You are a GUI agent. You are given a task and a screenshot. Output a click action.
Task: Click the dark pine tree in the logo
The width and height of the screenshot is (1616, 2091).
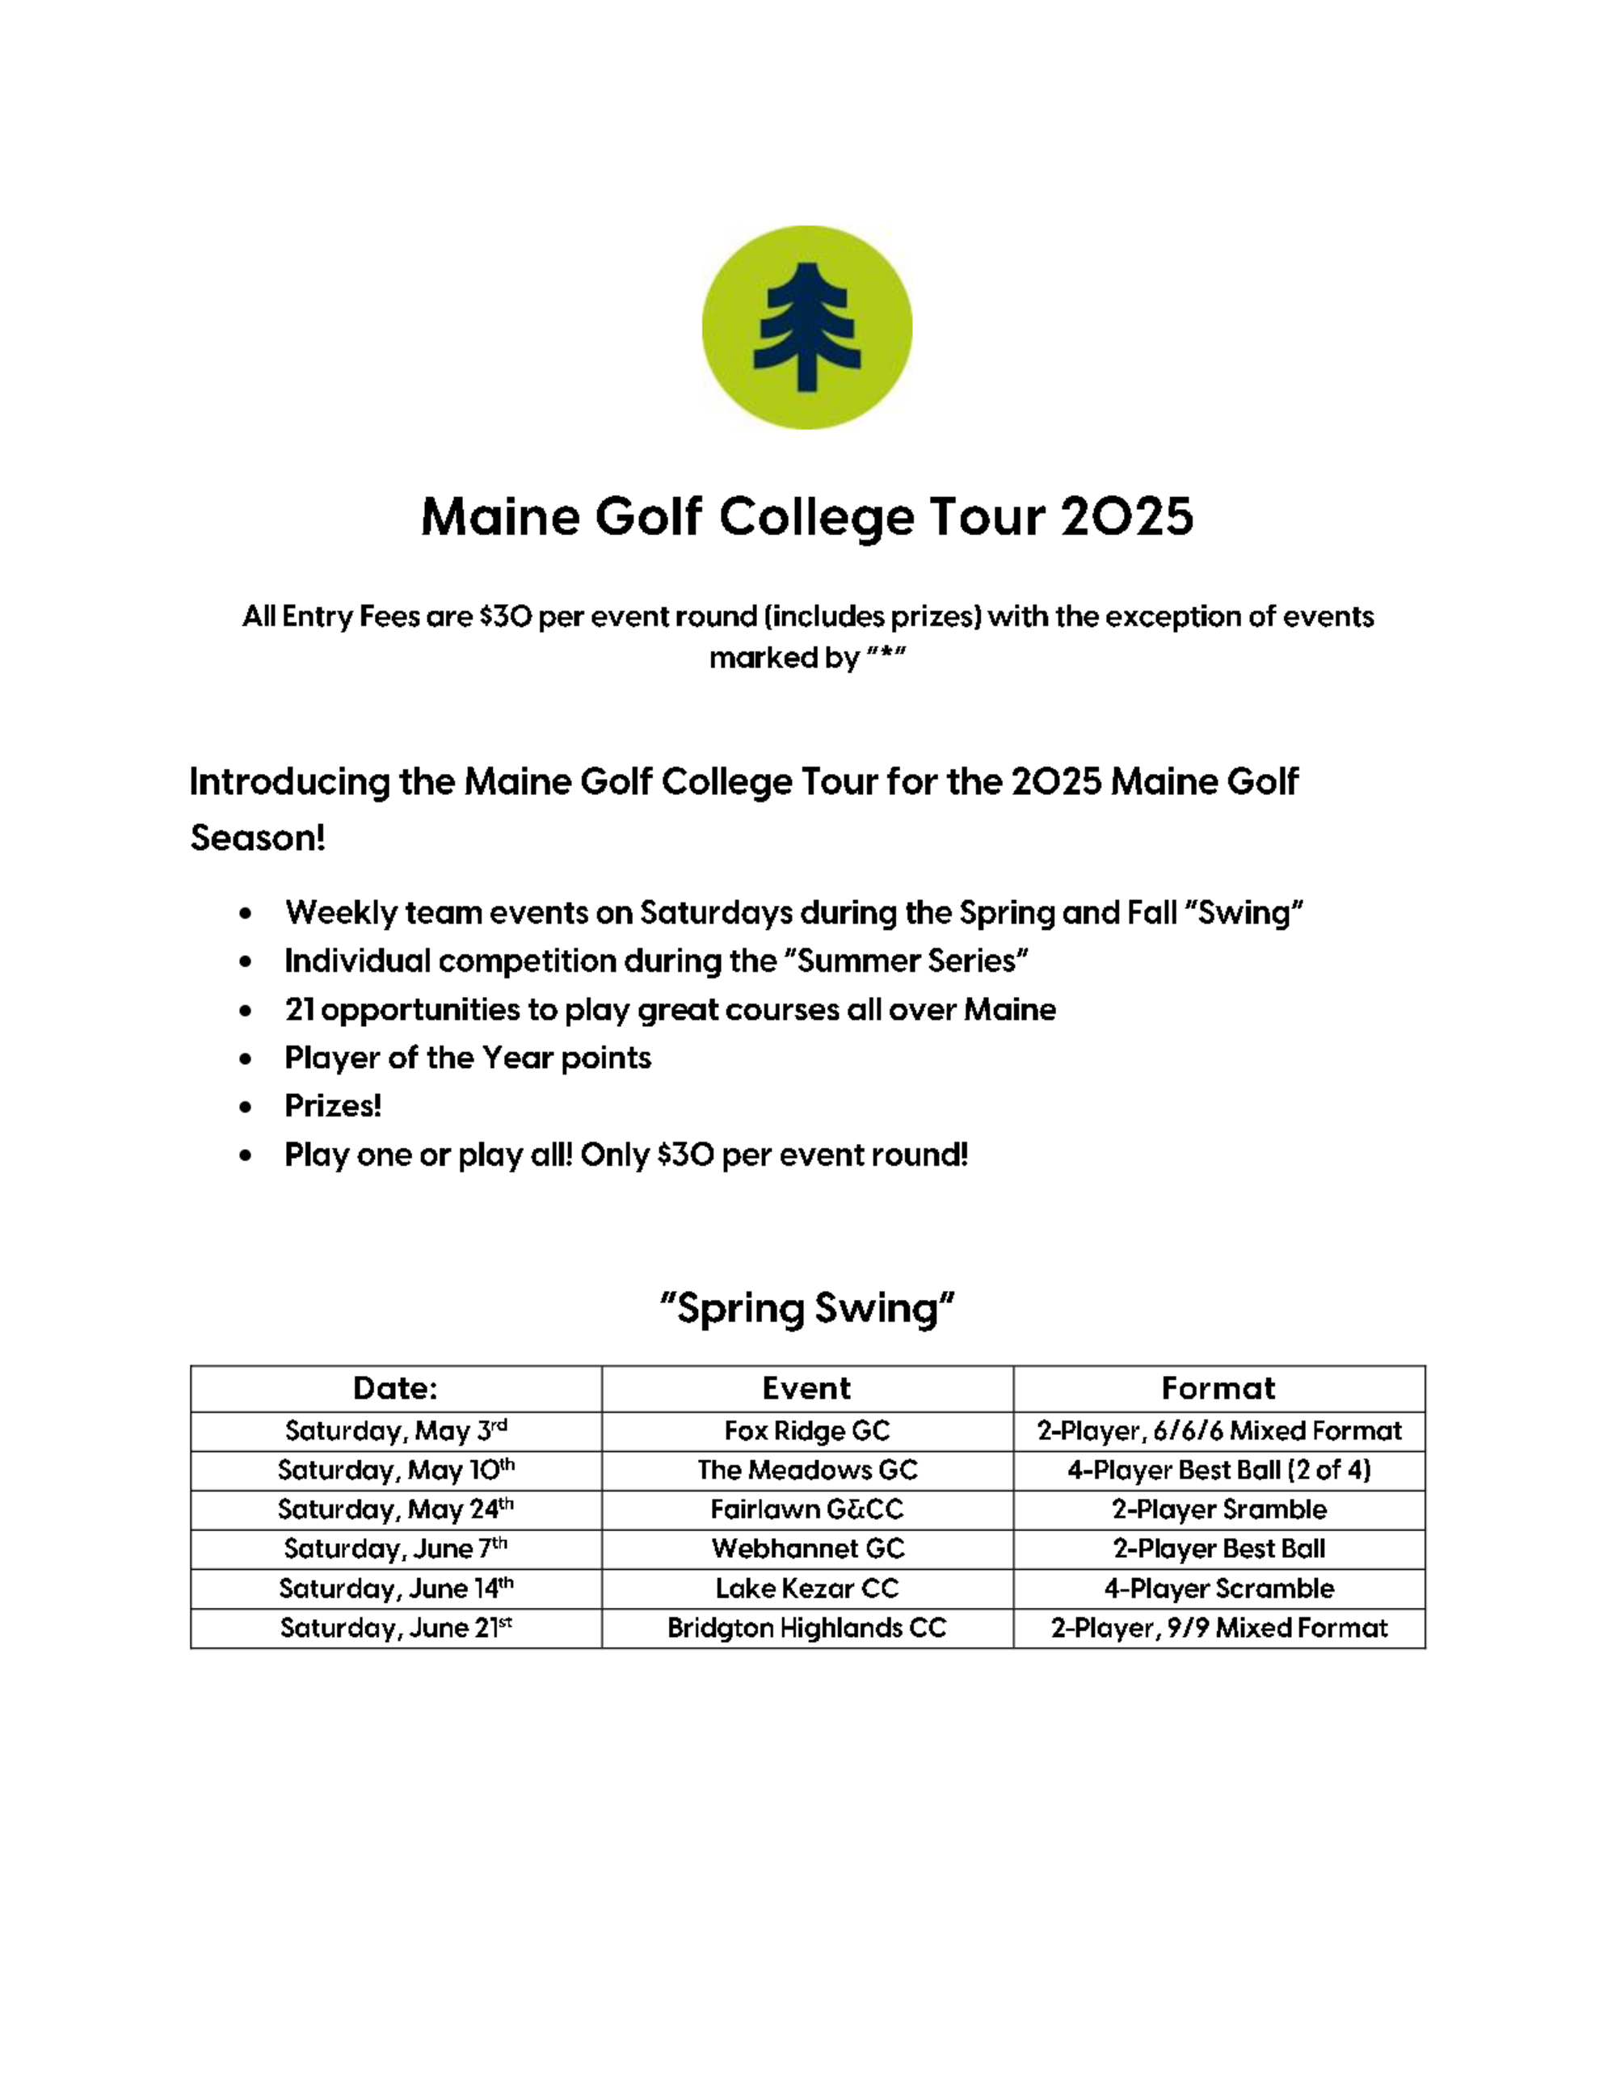(x=807, y=327)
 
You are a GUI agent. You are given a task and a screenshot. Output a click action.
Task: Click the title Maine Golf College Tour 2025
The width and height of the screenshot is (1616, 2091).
(x=807, y=517)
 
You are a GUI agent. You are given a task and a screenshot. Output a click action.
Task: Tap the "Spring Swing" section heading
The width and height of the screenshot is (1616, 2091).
(x=807, y=1308)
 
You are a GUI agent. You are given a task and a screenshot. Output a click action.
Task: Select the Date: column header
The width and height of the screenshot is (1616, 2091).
(x=395, y=1388)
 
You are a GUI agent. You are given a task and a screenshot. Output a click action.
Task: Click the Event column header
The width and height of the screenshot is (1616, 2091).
(x=807, y=1388)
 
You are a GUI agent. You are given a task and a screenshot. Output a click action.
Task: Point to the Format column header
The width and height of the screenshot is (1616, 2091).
(x=1218, y=1388)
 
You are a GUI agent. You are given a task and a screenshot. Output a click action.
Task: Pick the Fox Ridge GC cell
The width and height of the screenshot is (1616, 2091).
(x=807, y=1430)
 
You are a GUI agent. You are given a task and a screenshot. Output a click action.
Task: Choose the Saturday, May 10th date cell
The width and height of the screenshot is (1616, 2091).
(x=395, y=1470)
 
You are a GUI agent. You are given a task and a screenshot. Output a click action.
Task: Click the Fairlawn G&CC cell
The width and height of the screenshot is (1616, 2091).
(x=807, y=1509)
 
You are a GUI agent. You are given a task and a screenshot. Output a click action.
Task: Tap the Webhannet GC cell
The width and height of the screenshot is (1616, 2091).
(x=807, y=1548)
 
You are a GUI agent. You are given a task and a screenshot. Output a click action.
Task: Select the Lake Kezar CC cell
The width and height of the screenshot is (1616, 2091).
(x=807, y=1588)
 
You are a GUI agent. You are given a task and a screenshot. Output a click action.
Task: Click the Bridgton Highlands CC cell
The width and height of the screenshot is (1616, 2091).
(x=807, y=1627)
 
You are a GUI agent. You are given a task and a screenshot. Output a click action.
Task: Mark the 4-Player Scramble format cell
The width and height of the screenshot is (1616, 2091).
(x=1218, y=1588)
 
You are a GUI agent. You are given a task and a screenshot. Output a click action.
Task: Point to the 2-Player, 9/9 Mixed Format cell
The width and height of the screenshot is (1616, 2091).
(x=1218, y=1627)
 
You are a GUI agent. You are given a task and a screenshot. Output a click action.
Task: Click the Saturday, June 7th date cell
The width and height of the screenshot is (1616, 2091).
(x=395, y=1548)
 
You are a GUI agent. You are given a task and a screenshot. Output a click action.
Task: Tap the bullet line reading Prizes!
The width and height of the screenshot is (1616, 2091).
(x=333, y=1106)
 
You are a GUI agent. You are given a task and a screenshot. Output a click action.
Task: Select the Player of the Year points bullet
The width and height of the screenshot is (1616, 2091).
(x=467, y=1058)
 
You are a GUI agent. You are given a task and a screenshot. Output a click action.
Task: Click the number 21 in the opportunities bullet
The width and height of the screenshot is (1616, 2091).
(x=299, y=1009)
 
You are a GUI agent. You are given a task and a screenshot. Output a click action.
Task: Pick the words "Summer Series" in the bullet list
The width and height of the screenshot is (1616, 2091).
(x=912, y=961)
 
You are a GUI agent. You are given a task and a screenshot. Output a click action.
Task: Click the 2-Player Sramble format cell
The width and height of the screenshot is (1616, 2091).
(x=1218, y=1509)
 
